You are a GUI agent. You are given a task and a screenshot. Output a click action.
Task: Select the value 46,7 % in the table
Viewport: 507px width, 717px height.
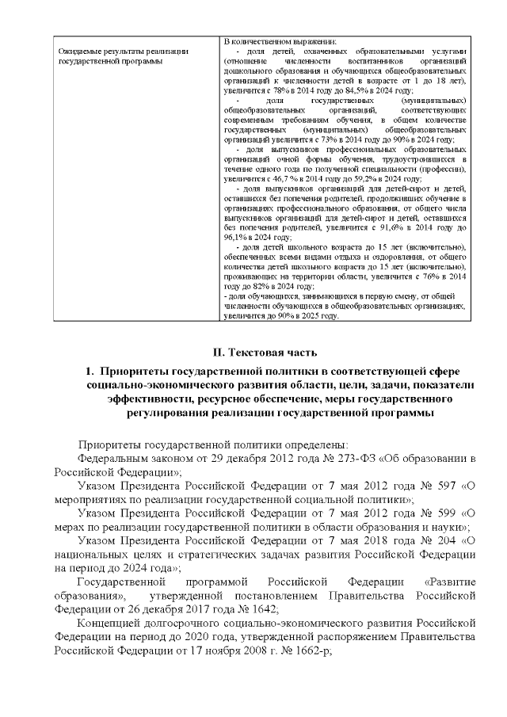click(x=284, y=181)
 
